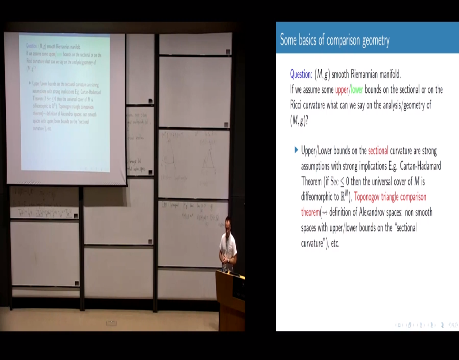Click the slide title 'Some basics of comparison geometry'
pyautogui.click(x=334, y=40)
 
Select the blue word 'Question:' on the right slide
pyautogui.click(x=301, y=74)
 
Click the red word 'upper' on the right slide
pyautogui.click(x=342, y=90)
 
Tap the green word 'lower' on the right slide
pyautogui.click(x=357, y=90)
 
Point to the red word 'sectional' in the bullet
pyautogui.click(x=378, y=151)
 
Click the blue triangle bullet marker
pyautogui.click(x=296, y=150)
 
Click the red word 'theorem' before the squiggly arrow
pyautogui.click(x=310, y=212)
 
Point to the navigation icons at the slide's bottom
pyautogui.click(x=426, y=324)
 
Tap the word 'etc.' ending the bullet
pyautogui.click(x=335, y=243)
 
